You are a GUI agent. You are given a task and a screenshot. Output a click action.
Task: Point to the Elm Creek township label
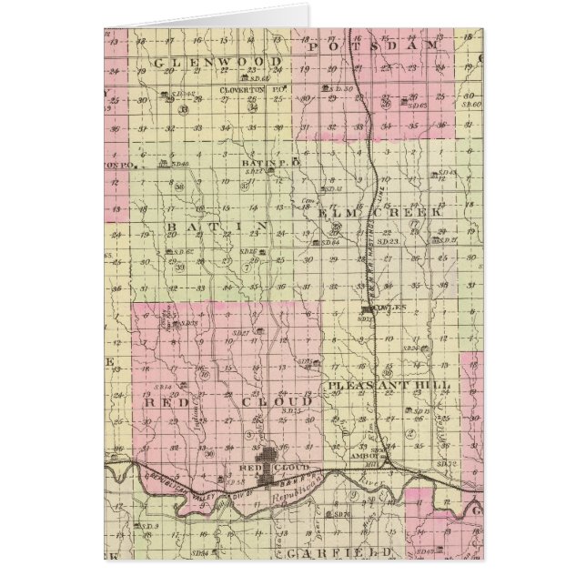click(x=380, y=217)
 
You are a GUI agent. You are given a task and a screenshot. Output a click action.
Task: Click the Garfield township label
click(x=338, y=552)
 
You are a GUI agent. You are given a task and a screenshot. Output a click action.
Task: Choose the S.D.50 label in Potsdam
click(x=340, y=88)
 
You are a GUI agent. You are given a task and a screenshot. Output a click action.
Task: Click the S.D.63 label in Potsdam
click(x=418, y=105)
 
